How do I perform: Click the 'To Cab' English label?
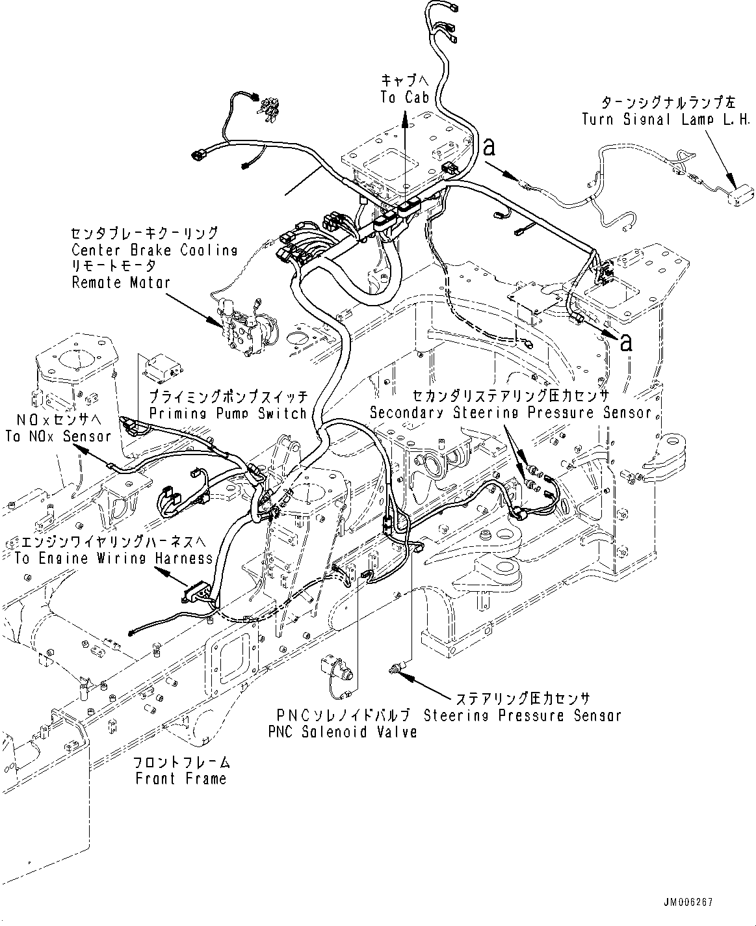[x=404, y=98]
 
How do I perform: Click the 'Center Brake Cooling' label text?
[x=155, y=250]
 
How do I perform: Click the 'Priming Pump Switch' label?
[x=228, y=413]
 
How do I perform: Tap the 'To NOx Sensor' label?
[x=58, y=436]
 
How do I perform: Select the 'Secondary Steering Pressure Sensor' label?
[x=510, y=412]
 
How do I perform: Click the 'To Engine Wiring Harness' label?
[x=108, y=558]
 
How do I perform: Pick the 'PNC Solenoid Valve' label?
[x=342, y=731]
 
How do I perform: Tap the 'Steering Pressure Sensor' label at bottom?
[x=522, y=715]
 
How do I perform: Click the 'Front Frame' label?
[x=181, y=778]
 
